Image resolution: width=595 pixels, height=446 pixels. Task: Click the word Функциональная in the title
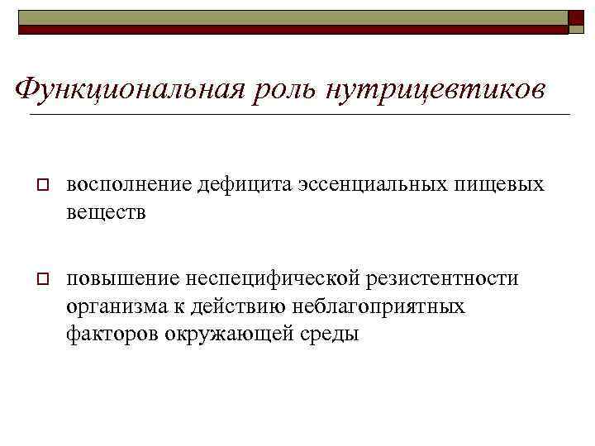pos(129,88)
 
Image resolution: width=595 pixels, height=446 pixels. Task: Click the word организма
pos(115,307)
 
